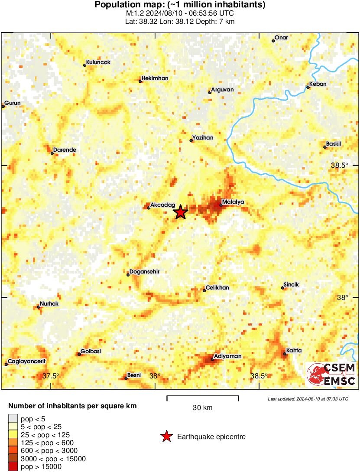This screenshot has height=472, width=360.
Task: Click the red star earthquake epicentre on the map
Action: pos(180,212)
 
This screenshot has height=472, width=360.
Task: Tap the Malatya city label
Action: pos(233,202)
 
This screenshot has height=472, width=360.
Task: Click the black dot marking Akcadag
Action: pos(149,208)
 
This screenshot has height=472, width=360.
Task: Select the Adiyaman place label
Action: pos(228,356)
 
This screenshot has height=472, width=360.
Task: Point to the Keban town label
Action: pos(318,84)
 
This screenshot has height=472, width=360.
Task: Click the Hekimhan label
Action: pos(155,78)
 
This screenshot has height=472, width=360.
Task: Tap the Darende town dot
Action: pos(52,153)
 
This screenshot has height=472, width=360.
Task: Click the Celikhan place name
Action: pos(217,288)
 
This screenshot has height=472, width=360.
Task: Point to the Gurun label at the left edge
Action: pos(13,103)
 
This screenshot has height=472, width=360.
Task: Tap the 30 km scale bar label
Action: pos(202,408)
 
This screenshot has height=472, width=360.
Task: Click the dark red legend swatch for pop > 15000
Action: pos(13,466)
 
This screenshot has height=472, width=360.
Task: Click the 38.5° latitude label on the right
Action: pos(340,165)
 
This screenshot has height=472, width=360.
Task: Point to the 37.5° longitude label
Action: pos(51,376)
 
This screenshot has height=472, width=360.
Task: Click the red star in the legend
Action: pos(166,436)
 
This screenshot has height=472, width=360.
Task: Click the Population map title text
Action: pos(180,5)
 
